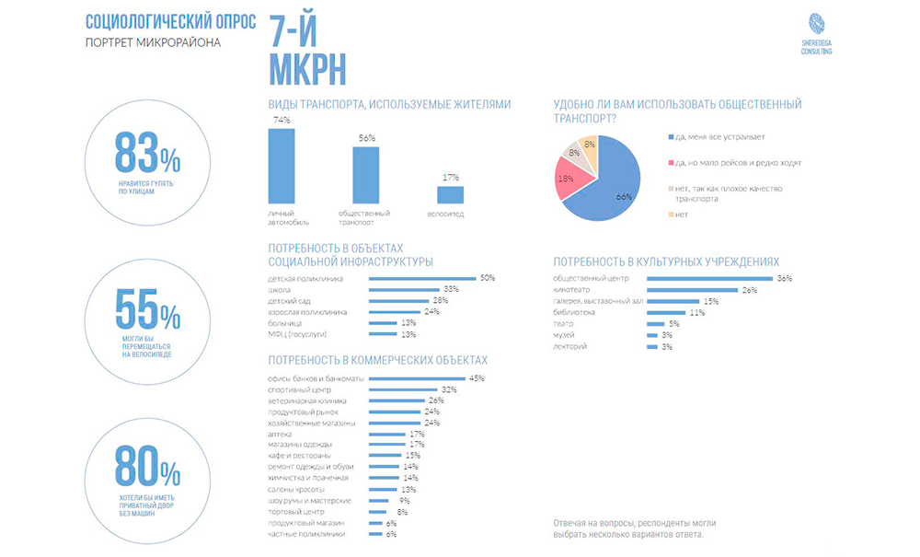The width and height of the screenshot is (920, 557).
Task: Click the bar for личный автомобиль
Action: pos(282,166)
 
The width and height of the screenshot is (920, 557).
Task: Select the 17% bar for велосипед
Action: pos(450,194)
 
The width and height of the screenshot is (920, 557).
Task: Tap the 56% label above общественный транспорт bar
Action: pos(366,138)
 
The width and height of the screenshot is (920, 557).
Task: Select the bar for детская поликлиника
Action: pos(422,278)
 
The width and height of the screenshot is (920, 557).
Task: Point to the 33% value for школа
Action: pos(451,290)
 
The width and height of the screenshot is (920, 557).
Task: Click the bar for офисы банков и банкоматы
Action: pos(417,378)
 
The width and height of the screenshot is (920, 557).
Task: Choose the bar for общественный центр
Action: pos(707,278)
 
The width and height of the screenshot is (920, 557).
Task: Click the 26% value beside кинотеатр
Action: pos(749,290)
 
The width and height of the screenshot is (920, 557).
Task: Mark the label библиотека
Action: pos(575,312)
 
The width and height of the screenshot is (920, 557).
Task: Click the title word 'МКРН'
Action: pos(308,68)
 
